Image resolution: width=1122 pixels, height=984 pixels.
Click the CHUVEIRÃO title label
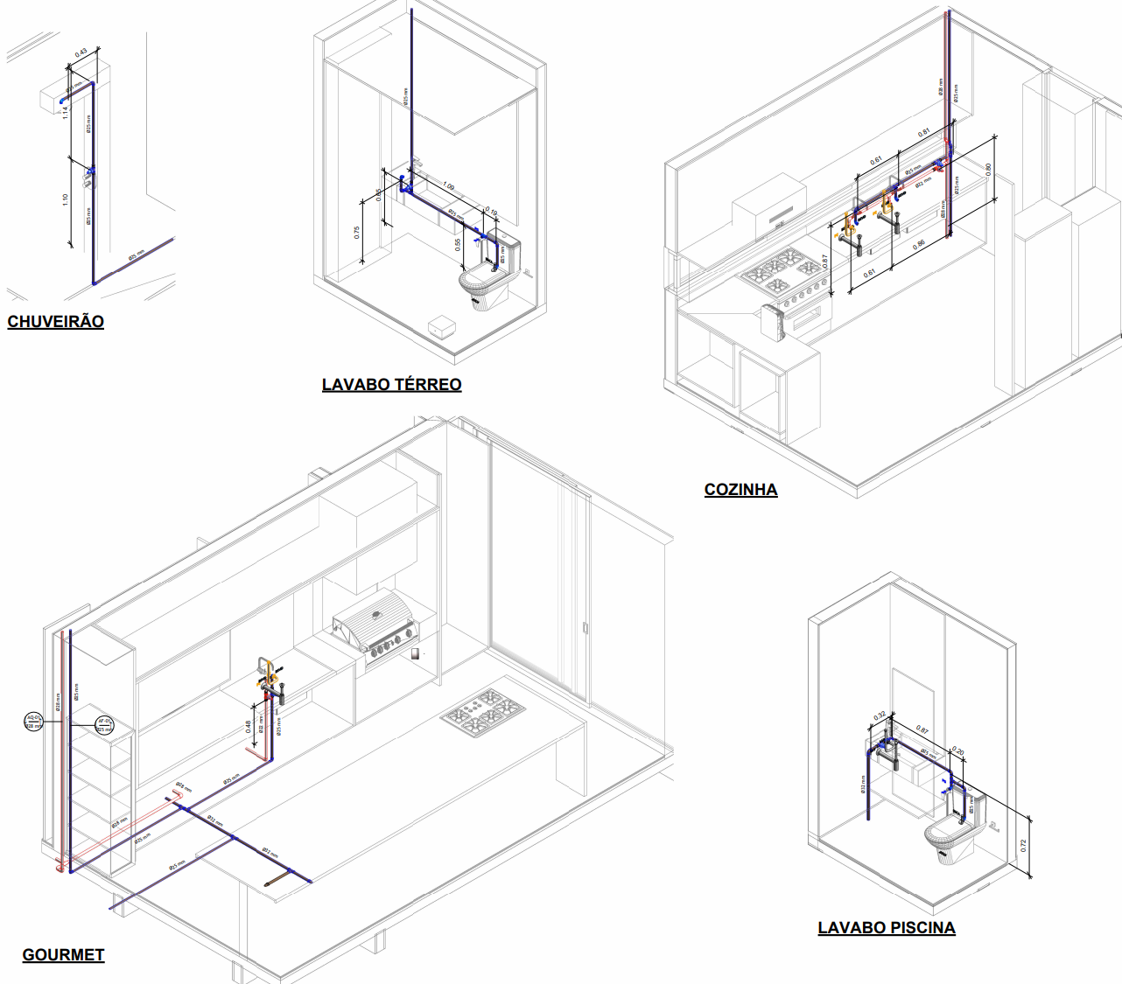[55, 322]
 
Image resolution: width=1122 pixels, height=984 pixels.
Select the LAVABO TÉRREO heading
[391, 385]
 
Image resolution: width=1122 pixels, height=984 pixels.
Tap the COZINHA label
[740, 490]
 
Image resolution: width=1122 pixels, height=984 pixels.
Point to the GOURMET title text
[63, 955]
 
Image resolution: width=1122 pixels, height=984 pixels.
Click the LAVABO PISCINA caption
[886, 928]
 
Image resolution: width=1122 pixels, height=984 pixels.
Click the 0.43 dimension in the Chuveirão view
[81, 53]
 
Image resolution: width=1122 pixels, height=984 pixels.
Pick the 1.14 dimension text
[66, 113]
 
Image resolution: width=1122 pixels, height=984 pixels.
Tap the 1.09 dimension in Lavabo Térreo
[448, 186]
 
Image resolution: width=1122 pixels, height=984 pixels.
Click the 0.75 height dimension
[356, 232]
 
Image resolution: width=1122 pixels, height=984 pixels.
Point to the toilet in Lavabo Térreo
[484, 284]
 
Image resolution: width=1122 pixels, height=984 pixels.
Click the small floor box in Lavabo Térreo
[441, 328]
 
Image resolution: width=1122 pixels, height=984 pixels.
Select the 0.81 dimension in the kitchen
[923, 133]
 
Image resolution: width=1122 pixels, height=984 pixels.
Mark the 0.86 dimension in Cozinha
[919, 246]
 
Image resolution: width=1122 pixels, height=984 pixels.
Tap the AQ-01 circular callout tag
[33, 722]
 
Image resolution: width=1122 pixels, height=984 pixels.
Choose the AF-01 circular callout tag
[104, 724]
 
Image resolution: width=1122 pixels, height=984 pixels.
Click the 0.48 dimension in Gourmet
[249, 725]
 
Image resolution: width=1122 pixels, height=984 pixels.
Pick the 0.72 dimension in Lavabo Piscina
[1023, 845]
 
